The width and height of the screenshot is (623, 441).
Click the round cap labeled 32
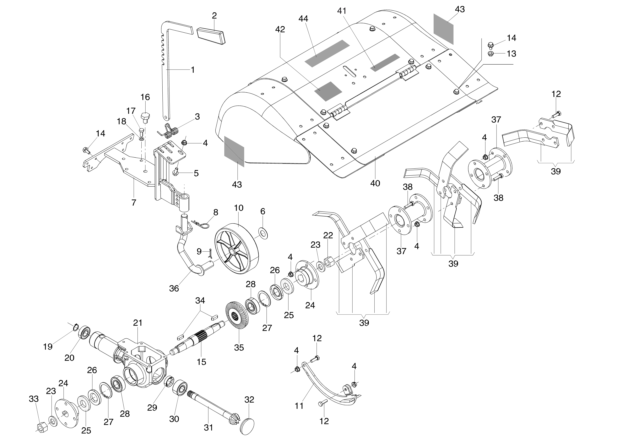(248, 425)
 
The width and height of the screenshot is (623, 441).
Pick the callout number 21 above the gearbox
(138, 323)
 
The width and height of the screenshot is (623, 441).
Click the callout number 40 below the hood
(375, 183)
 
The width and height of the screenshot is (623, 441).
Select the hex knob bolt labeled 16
(145, 116)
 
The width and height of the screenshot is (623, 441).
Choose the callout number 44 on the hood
(303, 18)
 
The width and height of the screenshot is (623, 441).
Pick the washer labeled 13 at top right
(491, 54)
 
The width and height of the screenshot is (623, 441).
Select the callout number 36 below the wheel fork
(174, 288)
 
